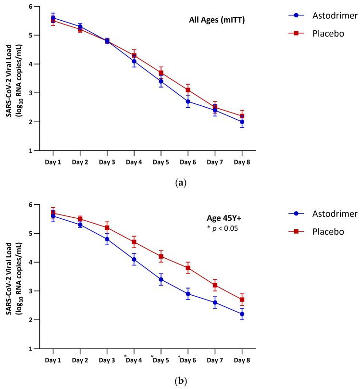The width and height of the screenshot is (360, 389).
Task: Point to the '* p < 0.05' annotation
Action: pos(222,228)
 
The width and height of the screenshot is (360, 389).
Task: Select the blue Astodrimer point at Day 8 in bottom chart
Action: pos(242,314)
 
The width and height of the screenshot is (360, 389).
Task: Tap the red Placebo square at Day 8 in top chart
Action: pos(242,116)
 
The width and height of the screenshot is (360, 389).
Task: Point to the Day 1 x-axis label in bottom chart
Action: pos(53,360)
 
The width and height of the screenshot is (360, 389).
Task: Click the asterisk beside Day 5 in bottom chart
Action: pos(152,357)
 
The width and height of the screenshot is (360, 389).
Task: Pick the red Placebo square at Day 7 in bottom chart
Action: pos(215,285)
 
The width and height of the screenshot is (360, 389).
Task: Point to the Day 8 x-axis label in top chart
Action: pos(242,162)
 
